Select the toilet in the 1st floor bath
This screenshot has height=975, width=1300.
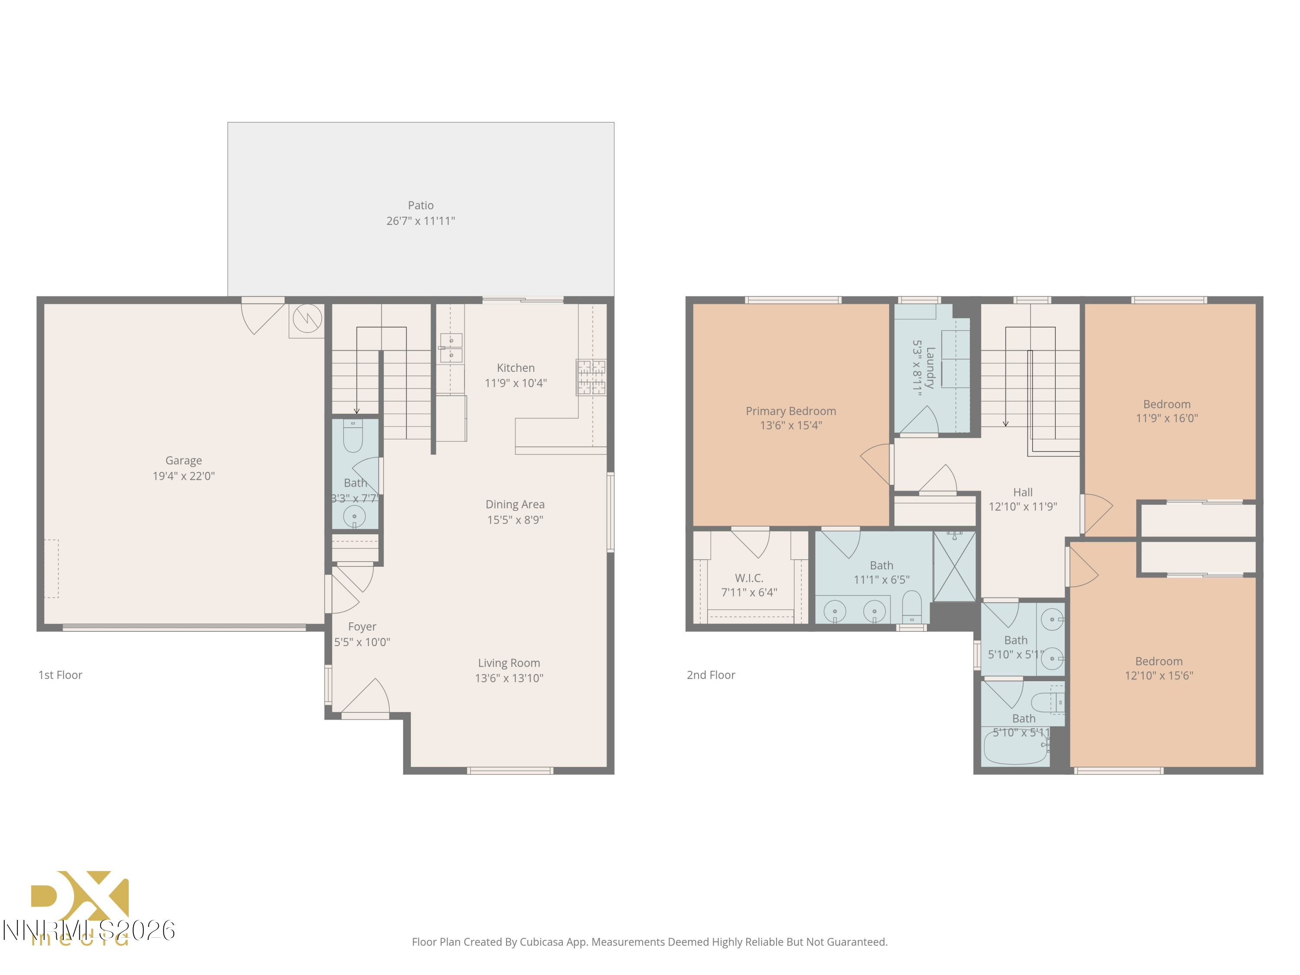pos(353,436)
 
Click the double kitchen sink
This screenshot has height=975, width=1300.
pos(451,348)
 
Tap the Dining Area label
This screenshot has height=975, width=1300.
pos(515,504)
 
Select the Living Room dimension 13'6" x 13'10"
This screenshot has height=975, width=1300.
pos(509,678)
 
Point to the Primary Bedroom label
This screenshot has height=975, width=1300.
pos(790,411)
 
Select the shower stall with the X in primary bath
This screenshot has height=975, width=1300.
pos(955,566)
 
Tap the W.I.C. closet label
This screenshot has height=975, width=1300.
pos(749,578)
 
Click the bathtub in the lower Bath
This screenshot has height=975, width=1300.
pos(1016,747)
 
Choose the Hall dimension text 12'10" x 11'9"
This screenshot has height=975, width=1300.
pos(1023,507)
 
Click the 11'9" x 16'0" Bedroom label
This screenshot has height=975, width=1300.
pos(1167,404)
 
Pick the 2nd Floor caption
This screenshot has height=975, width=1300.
pos(711,675)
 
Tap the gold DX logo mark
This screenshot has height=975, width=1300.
pos(80,896)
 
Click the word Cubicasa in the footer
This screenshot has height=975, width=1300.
pos(541,942)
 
